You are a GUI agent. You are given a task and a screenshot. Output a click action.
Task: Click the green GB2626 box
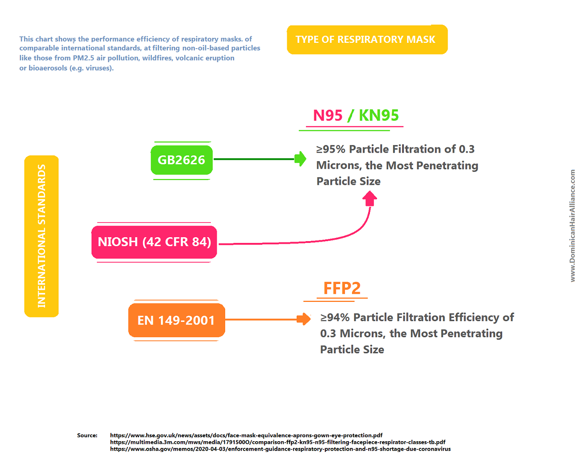pos(181,160)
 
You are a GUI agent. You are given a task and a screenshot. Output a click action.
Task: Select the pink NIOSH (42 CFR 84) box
pos(154,242)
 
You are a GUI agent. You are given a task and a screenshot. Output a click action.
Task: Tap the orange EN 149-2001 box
pos(176,320)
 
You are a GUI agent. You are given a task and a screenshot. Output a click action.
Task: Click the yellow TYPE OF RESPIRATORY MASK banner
pos(366,40)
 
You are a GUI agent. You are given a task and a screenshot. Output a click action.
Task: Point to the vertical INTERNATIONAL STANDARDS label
pos(42,236)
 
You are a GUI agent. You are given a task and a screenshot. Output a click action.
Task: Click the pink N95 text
pos(327,115)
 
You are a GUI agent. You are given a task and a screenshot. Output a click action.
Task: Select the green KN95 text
pos(379,115)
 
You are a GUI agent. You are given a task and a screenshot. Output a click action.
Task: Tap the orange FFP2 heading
pos(342,288)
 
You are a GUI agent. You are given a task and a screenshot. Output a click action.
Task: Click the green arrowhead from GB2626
pos(301,159)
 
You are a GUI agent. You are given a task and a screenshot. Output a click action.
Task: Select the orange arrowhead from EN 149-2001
pos(304,319)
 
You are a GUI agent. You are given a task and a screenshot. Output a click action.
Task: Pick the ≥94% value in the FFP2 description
pos(335,318)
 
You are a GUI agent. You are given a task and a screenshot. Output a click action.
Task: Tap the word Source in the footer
pos(87,435)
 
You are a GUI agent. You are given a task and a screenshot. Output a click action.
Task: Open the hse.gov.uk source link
pos(246,435)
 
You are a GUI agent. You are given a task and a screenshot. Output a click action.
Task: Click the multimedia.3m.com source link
pos(277,442)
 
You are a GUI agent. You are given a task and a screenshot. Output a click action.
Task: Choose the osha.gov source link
pos(280,449)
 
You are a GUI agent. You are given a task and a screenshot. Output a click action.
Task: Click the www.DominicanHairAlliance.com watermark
pos(572,226)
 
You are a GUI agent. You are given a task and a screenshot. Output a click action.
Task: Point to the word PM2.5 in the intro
pos(84,58)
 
